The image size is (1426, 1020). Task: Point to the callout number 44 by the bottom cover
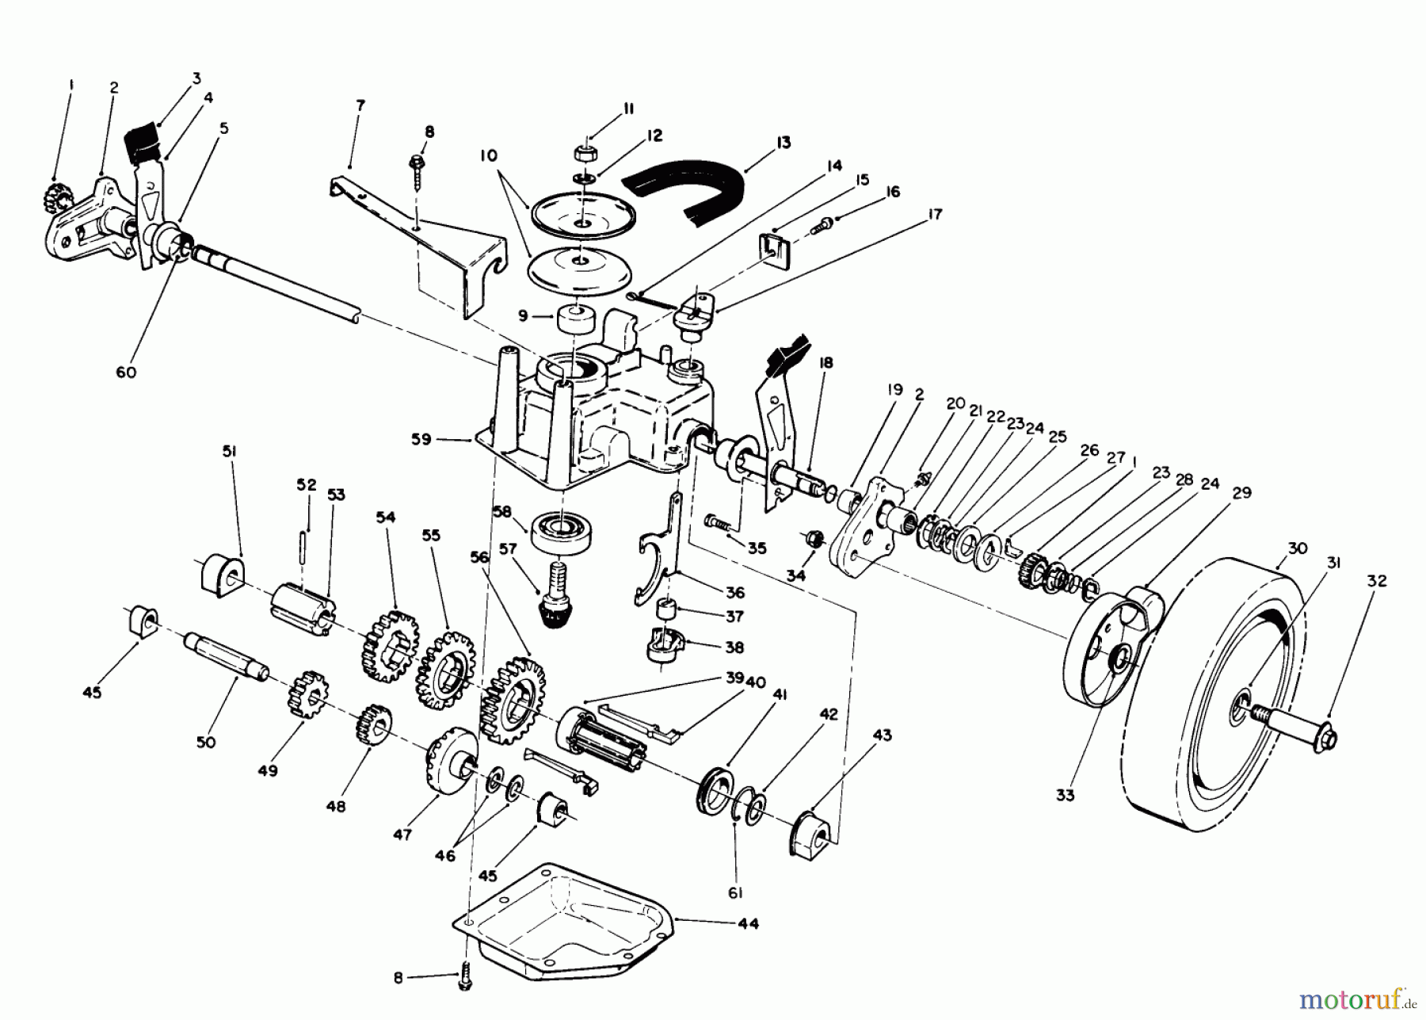click(x=747, y=923)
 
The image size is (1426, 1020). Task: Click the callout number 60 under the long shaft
click(x=126, y=372)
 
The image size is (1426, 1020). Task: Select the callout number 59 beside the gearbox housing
click(x=421, y=439)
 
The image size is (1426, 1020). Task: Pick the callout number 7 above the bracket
click(x=360, y=104)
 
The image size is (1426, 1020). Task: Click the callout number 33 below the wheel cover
click(x=1065, y=794)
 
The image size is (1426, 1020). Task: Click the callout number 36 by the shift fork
click(x=734, y=592)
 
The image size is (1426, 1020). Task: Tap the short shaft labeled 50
click(x=226, y=654)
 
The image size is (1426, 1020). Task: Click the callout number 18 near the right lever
click(x=825, y=363)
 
